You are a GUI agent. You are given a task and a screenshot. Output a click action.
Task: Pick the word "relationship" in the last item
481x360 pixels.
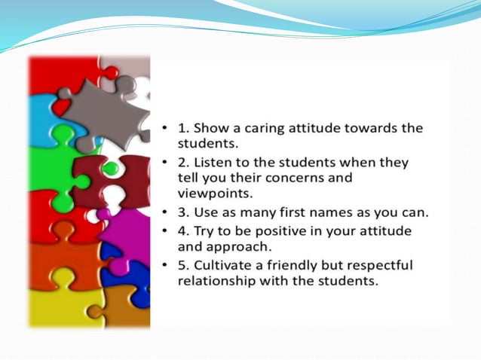click(x=216, y=281)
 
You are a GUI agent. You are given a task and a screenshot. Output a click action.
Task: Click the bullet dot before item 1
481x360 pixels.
click(x=165, y=129)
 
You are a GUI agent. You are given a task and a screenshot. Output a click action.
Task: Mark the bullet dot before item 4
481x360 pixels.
click(x=165, y=231)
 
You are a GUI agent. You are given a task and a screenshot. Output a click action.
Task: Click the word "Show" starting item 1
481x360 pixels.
click(x=212, y=128)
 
